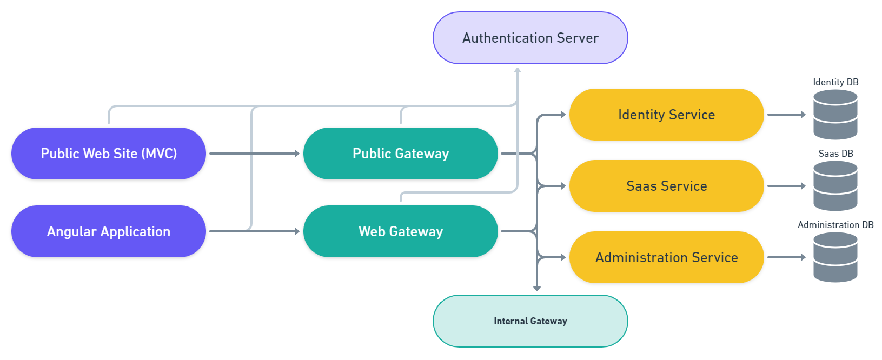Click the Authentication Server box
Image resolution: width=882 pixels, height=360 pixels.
(530, 38)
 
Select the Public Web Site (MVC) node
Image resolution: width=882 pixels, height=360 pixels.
(108, 154)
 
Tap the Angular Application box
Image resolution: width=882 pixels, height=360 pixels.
(108, 231)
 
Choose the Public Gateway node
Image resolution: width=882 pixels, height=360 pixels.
(400, 154)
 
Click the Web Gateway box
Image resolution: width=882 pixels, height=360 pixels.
(400, 231)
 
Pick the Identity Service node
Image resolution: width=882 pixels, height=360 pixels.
(666, 115)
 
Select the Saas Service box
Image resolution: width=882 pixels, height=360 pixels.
(666, 186)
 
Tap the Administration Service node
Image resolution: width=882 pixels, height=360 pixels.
(666, 257)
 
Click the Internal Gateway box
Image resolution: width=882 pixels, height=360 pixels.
(530, 321)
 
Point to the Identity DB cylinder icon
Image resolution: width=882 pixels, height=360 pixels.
(835, 115)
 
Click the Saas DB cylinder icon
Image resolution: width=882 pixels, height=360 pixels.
(835, 186)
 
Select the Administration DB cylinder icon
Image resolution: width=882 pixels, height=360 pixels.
(835, 257)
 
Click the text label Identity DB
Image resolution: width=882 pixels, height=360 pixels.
(835, 82)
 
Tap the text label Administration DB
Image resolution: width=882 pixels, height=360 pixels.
(835, 225)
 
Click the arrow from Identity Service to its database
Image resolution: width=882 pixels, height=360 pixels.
(786, 115)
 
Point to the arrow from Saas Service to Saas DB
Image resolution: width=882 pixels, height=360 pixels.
(786, 186)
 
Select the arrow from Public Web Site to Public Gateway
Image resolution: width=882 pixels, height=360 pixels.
(254, 154)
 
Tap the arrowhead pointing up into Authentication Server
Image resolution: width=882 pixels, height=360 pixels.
(518, 70)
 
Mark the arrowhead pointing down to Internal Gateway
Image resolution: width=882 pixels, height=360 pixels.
(537, 289)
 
